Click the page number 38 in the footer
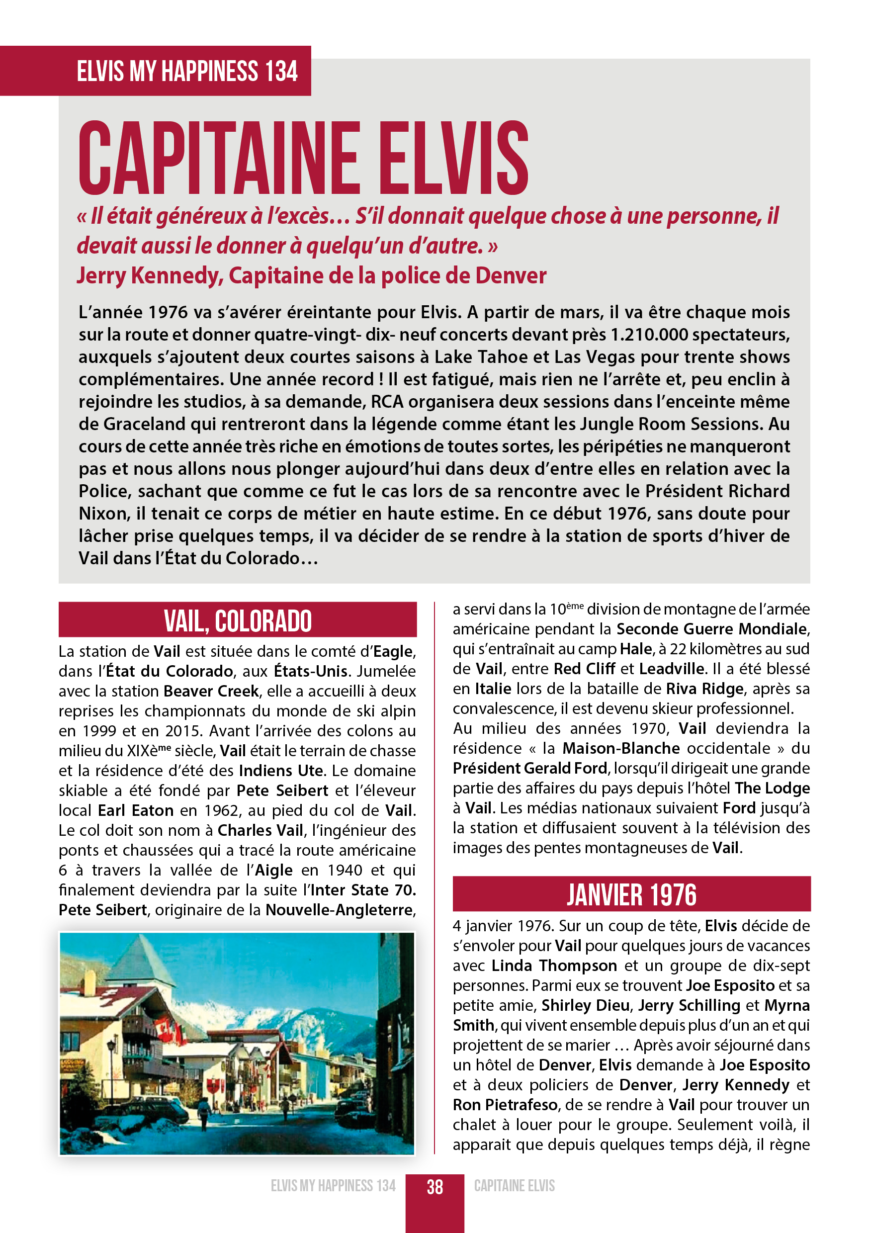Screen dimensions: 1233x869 434,1186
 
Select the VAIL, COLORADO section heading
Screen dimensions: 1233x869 238,621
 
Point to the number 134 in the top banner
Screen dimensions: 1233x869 281,72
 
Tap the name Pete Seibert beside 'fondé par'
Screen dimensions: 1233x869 282,791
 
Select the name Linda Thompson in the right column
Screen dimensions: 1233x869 554,966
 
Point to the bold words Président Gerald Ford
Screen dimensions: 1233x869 529,768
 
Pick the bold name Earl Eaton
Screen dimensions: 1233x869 135,810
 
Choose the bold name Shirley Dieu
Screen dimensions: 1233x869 585,1005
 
